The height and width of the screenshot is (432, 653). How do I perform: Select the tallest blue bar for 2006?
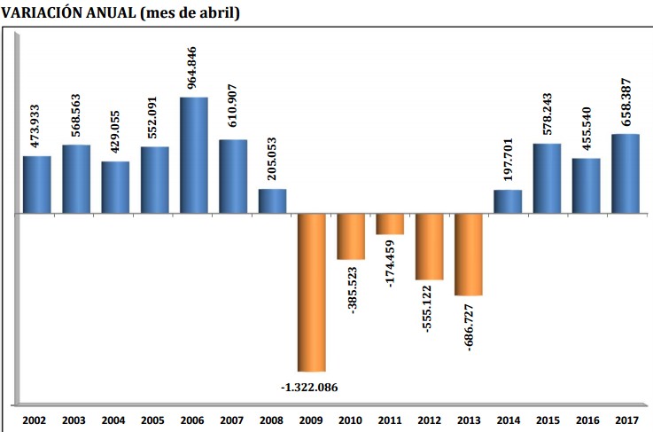tap(193, 155)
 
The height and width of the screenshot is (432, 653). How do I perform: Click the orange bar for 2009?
tap(311, 292)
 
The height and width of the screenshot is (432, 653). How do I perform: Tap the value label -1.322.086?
tap(311, 387)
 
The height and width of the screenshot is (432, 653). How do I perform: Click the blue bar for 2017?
tap(626, 174)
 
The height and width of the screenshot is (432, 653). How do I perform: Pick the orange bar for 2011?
tap(389, 224)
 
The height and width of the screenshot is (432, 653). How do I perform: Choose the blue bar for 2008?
tap(272, 201)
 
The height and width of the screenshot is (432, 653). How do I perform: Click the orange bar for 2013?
tap(468, 255)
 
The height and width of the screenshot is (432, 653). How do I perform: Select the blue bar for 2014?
tap(507, 201)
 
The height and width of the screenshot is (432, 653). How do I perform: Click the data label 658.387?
tap(626, 99)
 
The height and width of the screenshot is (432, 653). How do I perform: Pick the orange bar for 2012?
tap(429, 247)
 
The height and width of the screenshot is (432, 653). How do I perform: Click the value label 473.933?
tap(36, 122)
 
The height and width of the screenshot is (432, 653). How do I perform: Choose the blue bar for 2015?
tap(547, 178)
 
